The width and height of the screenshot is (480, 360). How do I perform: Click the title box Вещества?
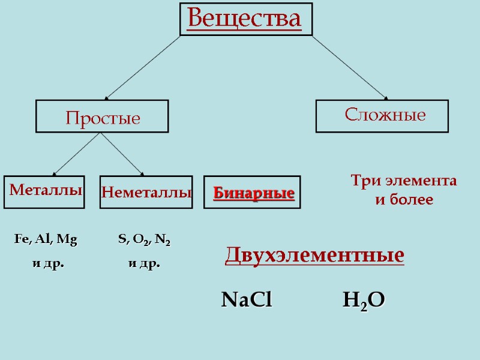246,19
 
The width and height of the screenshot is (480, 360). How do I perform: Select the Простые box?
103,116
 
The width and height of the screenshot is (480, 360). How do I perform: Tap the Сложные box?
382,115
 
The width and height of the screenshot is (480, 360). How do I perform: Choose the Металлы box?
44,191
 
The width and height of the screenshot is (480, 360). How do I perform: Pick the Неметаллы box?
146,192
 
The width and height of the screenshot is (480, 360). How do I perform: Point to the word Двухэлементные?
314,255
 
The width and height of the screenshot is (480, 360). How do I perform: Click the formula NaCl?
247,299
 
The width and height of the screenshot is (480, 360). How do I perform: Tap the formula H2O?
364,300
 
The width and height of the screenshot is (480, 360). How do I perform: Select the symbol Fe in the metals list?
21,239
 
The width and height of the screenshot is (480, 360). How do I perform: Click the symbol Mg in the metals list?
67,239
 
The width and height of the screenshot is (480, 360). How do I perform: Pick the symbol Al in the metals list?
43,239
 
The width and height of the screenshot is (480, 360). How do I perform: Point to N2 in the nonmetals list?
163,240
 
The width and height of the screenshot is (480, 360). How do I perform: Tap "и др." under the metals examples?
47,263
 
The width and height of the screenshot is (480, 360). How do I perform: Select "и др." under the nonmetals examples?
145,263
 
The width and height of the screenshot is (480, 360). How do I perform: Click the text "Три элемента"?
403,181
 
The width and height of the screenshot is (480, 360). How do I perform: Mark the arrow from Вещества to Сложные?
350,67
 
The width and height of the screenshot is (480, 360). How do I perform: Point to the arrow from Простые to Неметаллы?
122,154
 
